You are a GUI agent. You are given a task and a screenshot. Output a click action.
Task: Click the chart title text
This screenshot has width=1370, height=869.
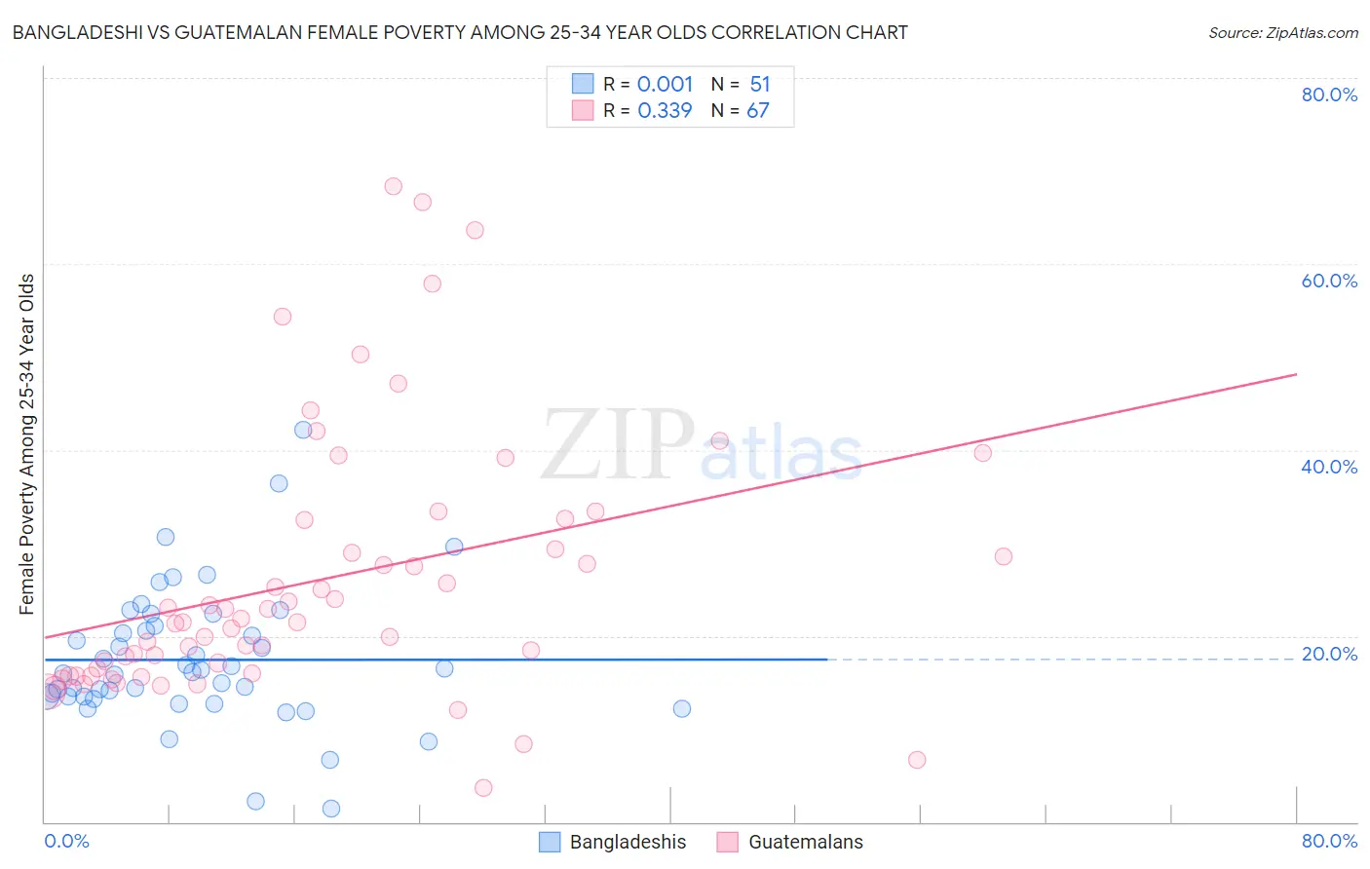click(460, 32)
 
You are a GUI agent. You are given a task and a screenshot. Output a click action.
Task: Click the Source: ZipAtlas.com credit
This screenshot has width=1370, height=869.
click(1282, 32)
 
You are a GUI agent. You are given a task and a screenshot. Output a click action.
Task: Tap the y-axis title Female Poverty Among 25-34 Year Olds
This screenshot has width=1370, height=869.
click(27, 444)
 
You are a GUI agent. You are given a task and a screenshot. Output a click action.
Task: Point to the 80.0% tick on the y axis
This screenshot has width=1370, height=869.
click(1329, 94)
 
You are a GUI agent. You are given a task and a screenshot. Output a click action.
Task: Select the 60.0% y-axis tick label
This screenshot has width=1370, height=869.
click(1329, 281)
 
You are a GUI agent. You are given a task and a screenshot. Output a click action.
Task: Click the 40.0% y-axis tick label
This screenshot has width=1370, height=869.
click(1329, 467)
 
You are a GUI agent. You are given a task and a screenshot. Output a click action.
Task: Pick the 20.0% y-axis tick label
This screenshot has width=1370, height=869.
click(1329, 654)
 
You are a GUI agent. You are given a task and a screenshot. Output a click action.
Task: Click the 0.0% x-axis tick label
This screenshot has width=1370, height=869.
click(66, 841)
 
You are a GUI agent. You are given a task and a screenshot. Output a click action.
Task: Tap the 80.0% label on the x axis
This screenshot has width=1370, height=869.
click(1329, 841)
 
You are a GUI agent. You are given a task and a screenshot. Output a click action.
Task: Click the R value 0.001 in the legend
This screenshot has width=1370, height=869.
click(665, 84)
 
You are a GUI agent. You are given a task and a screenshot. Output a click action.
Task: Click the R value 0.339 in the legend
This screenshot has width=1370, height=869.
click(665, 110)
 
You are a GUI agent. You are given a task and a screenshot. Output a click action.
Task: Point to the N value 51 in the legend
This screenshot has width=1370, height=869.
click(760, 84)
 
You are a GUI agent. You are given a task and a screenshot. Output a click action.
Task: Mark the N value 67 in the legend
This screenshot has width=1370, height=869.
click(758, 110)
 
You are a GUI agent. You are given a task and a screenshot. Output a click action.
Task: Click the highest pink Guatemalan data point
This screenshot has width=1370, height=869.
click(394, 186)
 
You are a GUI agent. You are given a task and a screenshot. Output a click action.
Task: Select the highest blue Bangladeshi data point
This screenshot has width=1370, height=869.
click(303, 430)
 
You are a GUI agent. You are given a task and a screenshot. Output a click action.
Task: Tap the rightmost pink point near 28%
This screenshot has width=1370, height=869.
click(1004, 556)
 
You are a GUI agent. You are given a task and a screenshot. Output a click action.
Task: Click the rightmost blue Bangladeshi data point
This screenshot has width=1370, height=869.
click(682, 708)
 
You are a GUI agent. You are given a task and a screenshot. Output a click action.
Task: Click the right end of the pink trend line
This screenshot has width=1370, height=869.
click(1296, 374)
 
